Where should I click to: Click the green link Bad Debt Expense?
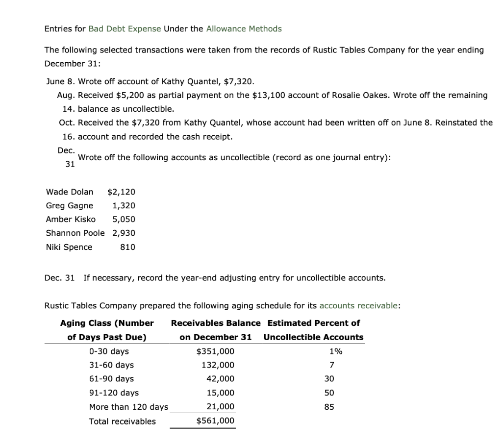[125, 28]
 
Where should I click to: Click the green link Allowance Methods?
[244, 28]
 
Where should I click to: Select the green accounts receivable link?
[359, 306]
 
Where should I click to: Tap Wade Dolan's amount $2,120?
[121, 192]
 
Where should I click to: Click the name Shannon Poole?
[75, 233]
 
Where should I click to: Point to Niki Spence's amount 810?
[127, 247]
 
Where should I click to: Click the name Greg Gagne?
[69, 205]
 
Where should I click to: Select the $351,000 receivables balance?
[215, 351]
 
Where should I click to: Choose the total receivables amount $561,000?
[215, 421]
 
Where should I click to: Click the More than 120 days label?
[128, 407]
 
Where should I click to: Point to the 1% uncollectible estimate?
[336, 351]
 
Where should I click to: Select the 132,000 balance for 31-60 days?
[218, 365]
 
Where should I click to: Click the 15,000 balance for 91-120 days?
[220, 393]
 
